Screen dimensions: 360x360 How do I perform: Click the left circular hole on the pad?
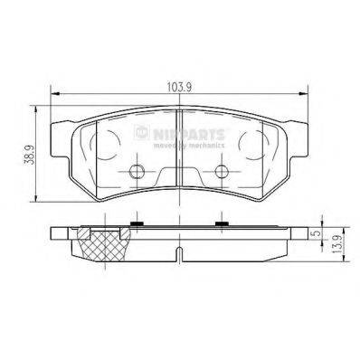coord(138,173)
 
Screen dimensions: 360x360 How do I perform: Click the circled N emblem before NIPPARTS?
coord(142,132)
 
